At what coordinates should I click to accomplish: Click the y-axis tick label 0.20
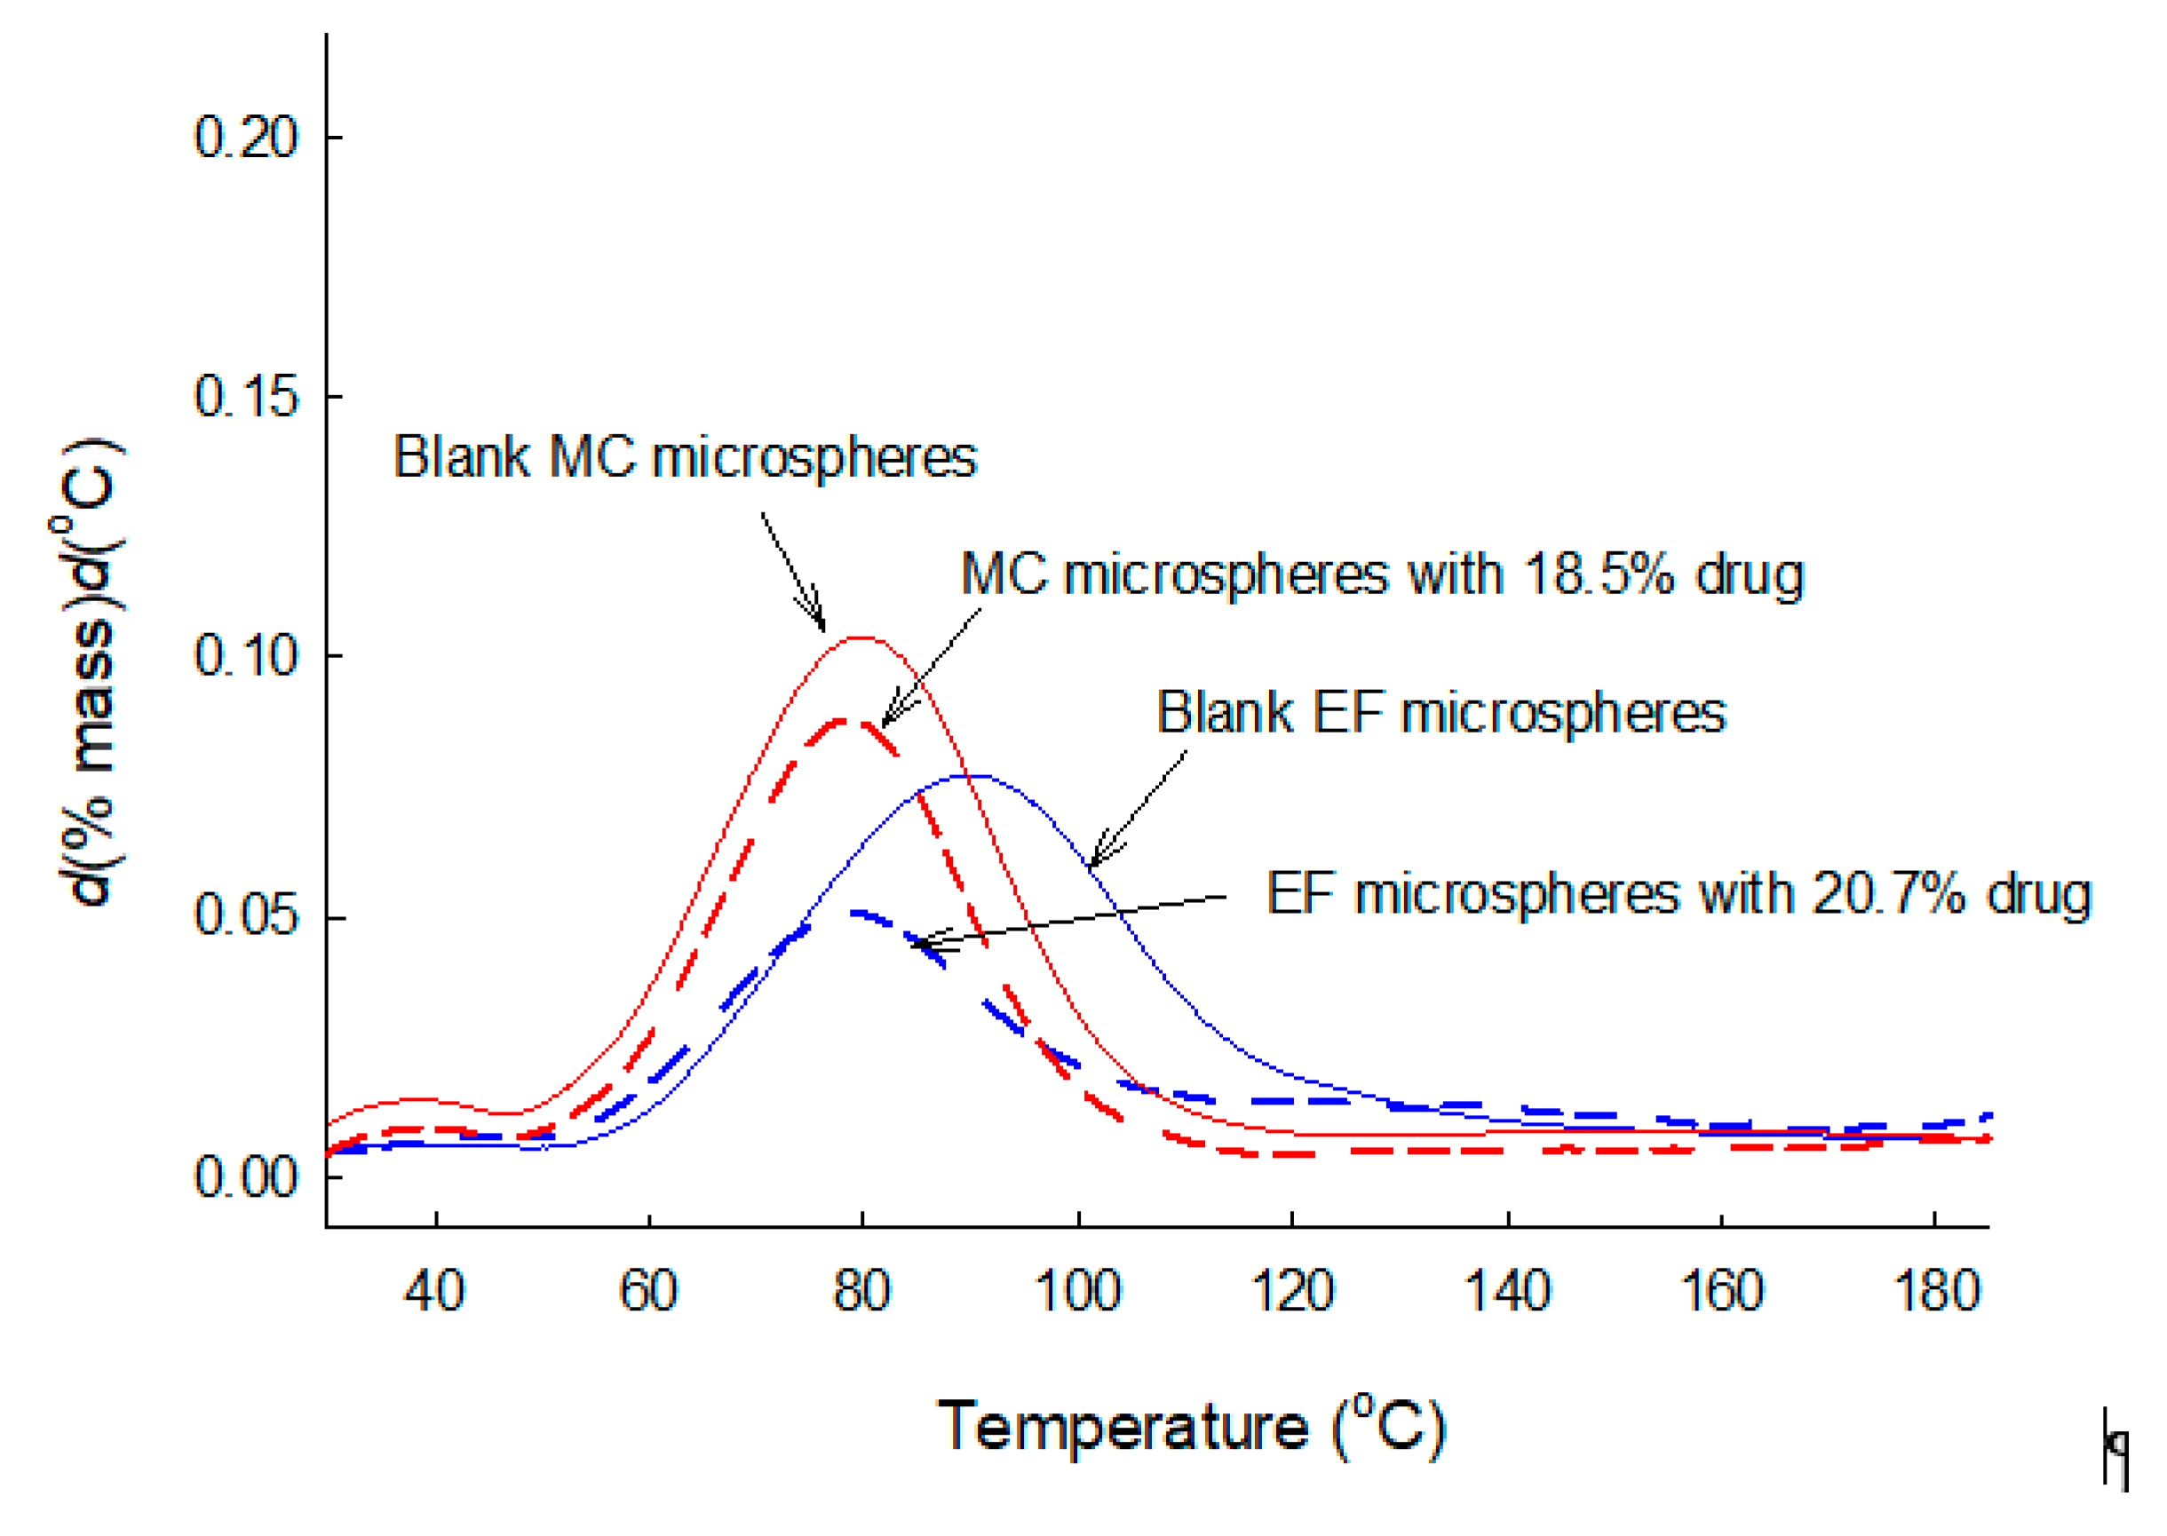pos(246,136)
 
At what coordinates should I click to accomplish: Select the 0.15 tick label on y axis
pos(246,396)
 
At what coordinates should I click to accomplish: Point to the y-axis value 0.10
pos(246,655)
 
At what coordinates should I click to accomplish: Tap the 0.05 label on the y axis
pos(246,915)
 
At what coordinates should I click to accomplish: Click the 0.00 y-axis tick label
pos(246,1176)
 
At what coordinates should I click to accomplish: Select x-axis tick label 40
pos(434,1290)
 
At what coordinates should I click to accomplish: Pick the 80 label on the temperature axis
pos(861,1290)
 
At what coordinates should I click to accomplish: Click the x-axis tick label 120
pos(1292,1290)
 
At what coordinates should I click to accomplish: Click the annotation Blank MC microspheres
pos(685,458)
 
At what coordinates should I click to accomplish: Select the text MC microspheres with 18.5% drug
pos(1382,574)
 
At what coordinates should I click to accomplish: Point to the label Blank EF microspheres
pos(1441,712)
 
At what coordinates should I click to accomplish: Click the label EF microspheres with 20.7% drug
pos(1679,894)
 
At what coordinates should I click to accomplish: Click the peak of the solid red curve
pos(861,637)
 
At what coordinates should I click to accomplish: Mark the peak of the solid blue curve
pos(974,776)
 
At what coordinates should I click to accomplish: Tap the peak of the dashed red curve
pos(845,721)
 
